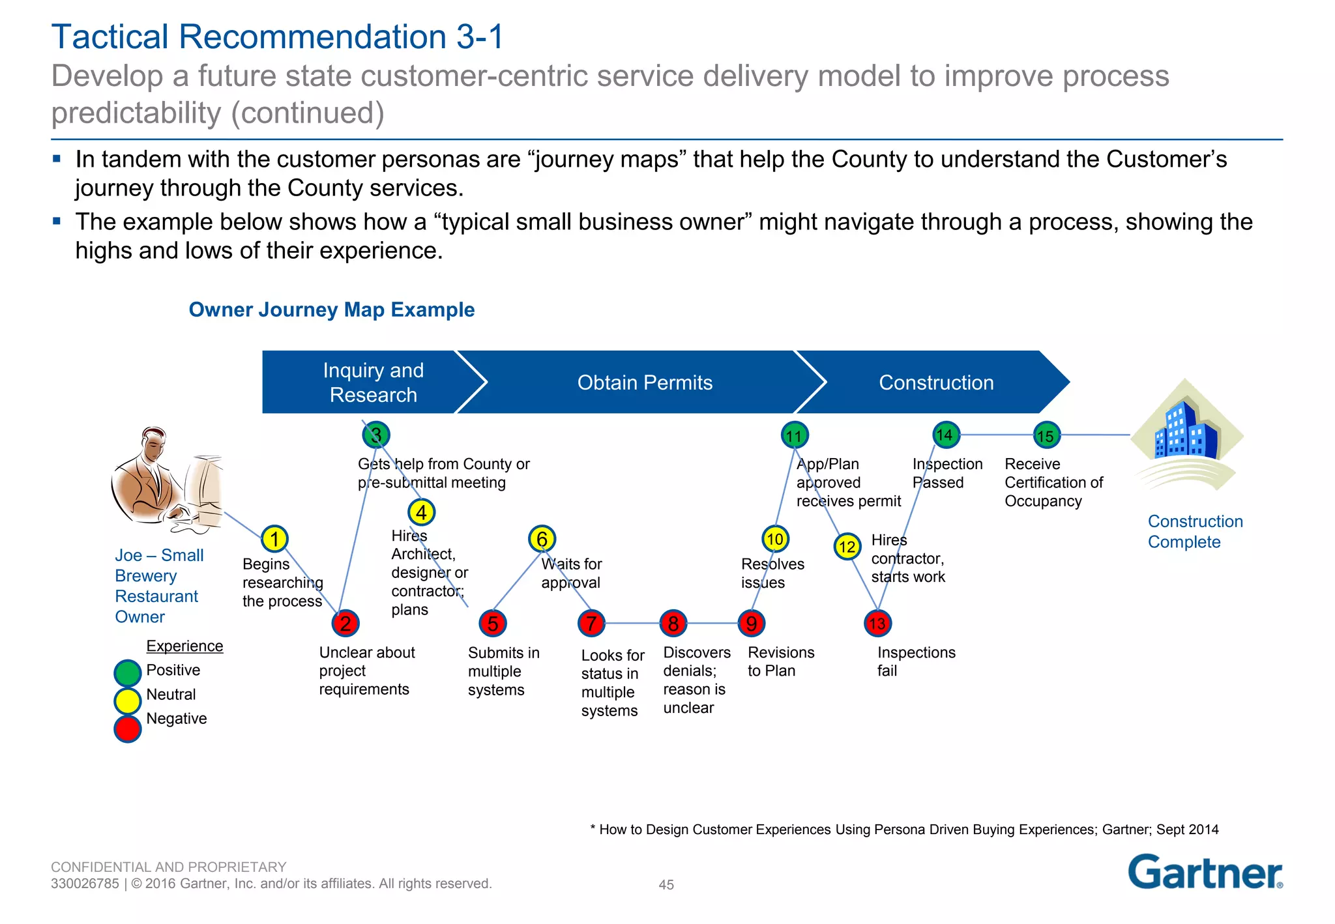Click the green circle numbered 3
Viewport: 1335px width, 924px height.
pyautogui.click(x=376, y=435)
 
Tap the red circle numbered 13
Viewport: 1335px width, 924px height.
pyautogui.click(x=877, y=624)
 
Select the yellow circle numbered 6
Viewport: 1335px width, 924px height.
pyautogui.click(x=542, y=539)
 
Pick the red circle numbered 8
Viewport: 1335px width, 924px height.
pyautogui.click(x=673, y=624)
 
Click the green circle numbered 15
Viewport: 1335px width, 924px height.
pyautogui.click(x=1046, y=435)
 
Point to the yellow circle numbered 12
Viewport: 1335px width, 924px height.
pyautogui.click(x=847, y=547)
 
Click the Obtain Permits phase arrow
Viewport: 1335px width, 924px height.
pyautogui.click(x=644, y=383)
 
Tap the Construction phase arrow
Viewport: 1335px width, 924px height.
pyautogui.click(x=935, y=383)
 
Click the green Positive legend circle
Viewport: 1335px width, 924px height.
pyautogui.click(x=128, y=673)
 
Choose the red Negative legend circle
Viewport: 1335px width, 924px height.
pyautogui.click(x=128, y=729)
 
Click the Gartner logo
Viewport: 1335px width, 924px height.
pyautogui.click(x=1205, y=873)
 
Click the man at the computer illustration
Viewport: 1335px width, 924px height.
pyautogui.click(x=166, y=479)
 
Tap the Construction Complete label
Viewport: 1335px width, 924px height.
pyautogui.click(x=1194, y=532)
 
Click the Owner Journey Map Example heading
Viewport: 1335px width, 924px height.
pyautogui.click(x=331, y=310)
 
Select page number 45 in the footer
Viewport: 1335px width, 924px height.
pyautogui.click(x=666, y=885)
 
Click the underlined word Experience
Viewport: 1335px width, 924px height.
pyautogui.click(x=184, y=646)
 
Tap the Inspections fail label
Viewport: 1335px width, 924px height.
pyautogui.click(x=915, y=661)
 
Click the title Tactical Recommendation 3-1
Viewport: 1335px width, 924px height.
pyautogui.click(x=278, y=36)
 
